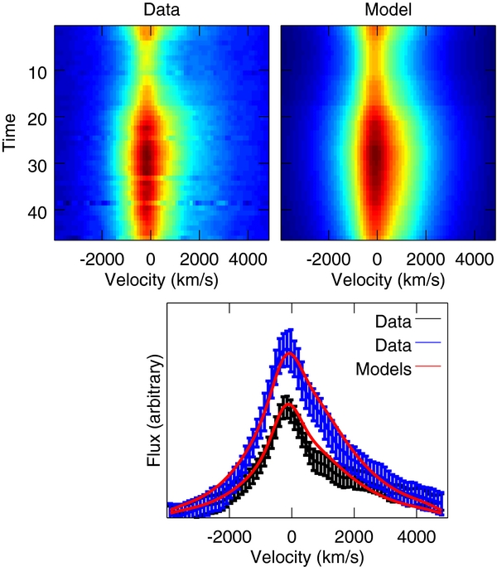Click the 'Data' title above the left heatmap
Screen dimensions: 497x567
tap(162, 9)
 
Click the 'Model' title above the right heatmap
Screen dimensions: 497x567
tap(388, 9)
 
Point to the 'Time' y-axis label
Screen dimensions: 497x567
tap(10, 133)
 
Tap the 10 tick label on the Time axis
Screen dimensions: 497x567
tap(37, 73)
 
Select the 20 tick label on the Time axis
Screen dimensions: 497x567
tap(37, 119)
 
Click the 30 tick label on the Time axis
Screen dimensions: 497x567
tap(37, 166)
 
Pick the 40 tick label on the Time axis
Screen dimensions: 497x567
tap(37, 212)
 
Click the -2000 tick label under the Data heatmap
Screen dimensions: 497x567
tap(102, 259)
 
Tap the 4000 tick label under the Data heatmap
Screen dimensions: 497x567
tap(248, 259)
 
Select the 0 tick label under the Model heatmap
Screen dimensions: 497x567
tap(377, 259)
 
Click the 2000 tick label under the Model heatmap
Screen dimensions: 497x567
tap(426, 259)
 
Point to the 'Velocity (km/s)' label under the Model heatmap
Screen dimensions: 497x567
tap(388, 280)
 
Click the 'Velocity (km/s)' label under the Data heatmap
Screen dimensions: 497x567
tap(162, 280)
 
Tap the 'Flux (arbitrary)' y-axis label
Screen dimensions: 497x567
tap(154, 410)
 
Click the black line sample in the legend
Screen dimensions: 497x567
tap(428, 318)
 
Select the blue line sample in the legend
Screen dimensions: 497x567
tap(428, 342)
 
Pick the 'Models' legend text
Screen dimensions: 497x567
tap(384, 369)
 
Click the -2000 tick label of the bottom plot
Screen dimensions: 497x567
tap(229, 536)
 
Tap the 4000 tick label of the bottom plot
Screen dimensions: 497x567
tap(417, 536)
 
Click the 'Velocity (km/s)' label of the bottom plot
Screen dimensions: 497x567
tap(306, 557)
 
